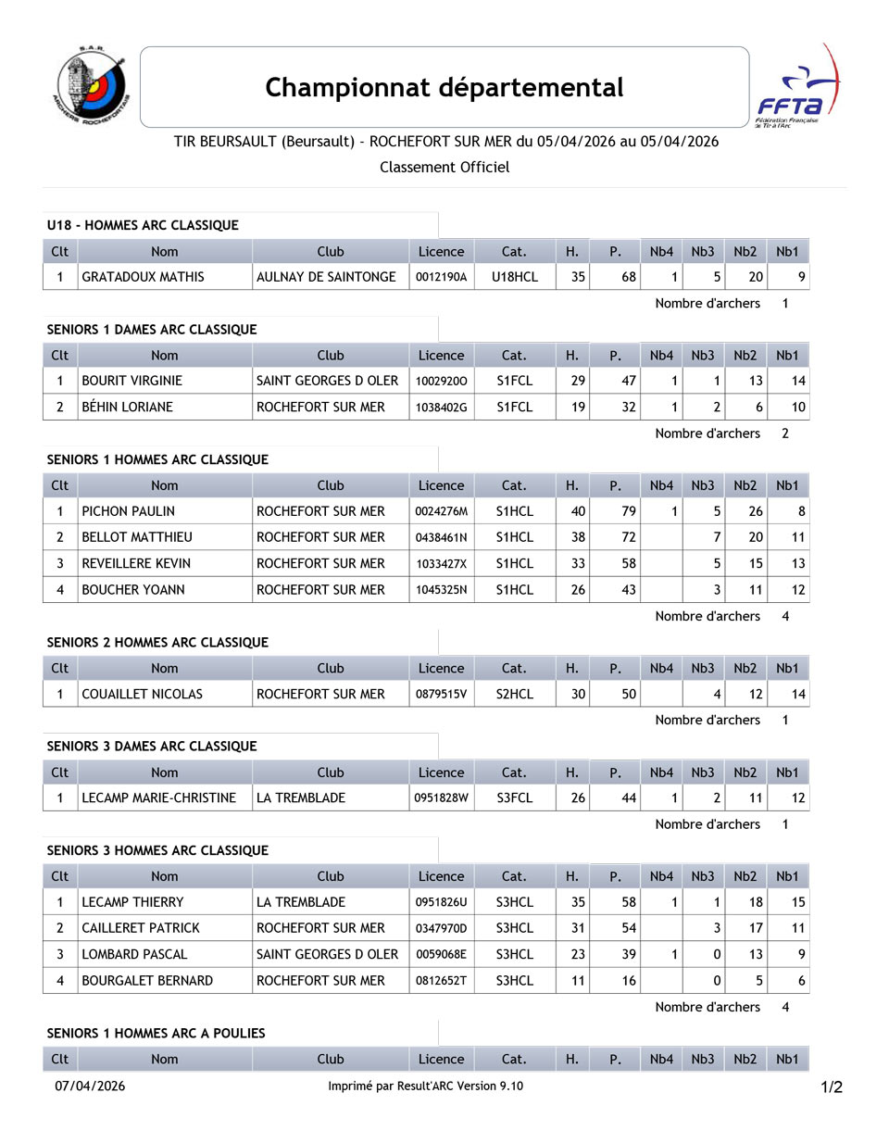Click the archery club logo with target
click(91, 86)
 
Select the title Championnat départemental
click(444, 87)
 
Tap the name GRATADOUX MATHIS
click(144, 277)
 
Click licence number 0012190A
click(441, 277)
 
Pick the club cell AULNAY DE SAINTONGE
click(326, 277)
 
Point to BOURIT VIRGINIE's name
click(132, 381)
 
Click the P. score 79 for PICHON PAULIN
click(629, 511)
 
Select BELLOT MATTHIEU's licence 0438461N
click(441, 537)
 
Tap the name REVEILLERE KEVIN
click(136, 563)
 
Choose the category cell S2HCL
click(514, 694)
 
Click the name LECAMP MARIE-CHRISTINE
click(159, 798)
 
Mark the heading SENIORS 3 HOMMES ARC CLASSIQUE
click(157, 850)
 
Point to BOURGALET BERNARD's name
click(147, 980)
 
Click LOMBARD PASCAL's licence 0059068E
click(441, 954)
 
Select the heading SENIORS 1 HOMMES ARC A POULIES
click(156, 1033)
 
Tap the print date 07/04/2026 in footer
click(90, 1086)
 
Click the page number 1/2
click(831, 1087)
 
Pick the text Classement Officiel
click(444, 167)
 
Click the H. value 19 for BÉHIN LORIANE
click(578, 407)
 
